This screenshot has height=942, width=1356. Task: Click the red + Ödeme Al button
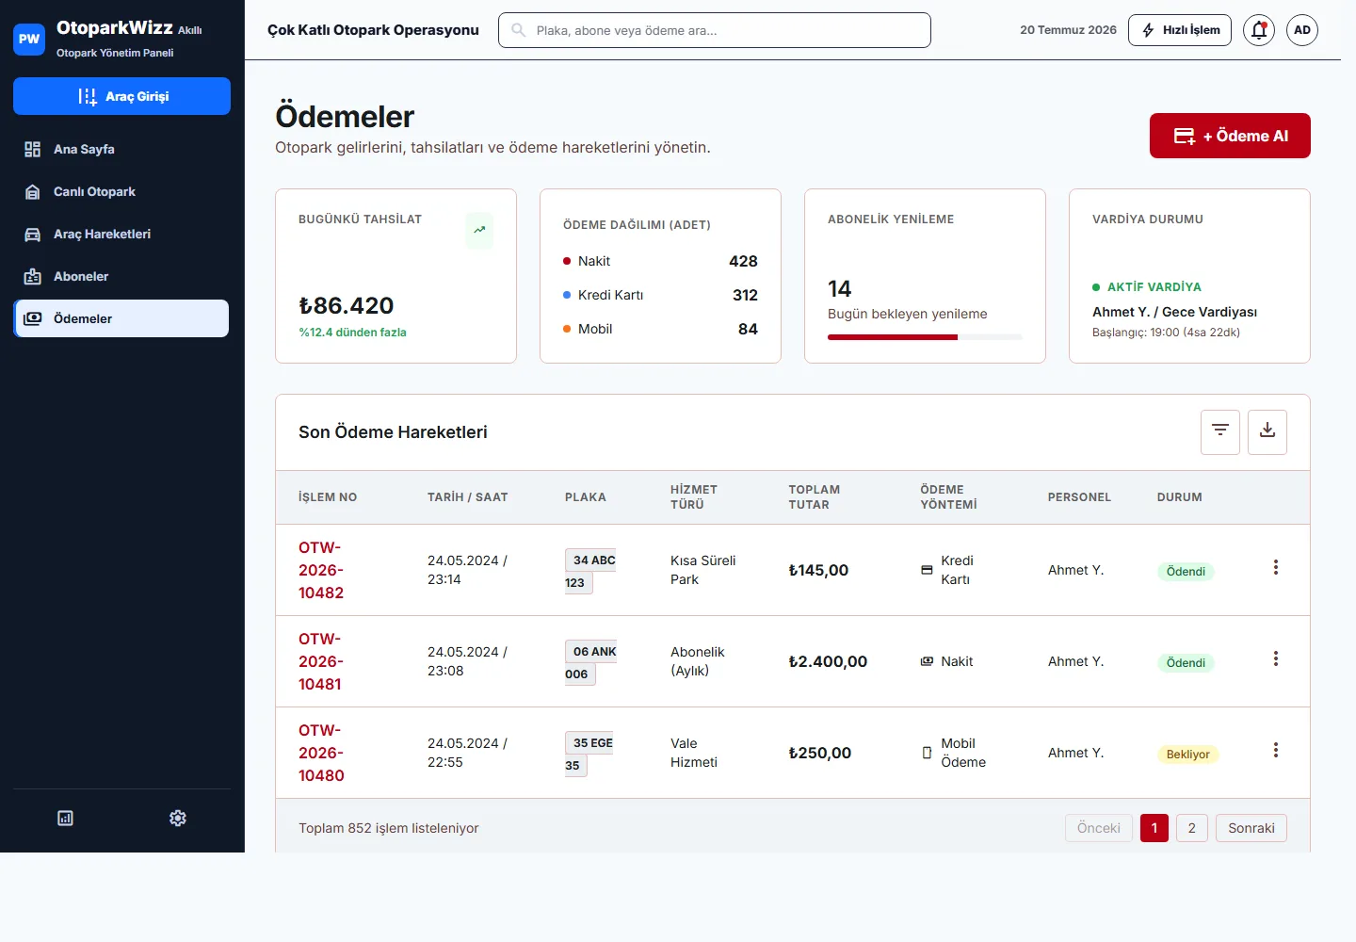coord(1230,136)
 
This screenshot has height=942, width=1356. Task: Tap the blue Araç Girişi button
coord(121,96)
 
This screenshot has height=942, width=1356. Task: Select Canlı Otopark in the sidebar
coord(94,191)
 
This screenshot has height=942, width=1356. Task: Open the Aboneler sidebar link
coord(81,276)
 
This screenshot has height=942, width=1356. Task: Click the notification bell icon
coord(1258,30)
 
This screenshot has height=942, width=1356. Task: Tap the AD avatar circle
coord(1302,30)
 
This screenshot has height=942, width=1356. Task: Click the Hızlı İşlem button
coord(1179,30)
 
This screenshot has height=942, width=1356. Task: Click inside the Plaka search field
coord(715,30)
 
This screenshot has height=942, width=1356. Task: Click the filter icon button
coord(1219,431)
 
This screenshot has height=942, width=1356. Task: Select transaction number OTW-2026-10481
coord(321,661)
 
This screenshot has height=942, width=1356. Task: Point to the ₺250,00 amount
coord(819,753)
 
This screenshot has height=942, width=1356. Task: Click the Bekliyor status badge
coord(1187,755)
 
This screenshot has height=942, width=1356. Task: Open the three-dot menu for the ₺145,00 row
coord(1275,567)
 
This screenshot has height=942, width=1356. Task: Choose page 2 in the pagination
coord(1191,828)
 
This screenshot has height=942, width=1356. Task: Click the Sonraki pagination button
coord(1251,828)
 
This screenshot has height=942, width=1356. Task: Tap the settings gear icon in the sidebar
coord(177,818)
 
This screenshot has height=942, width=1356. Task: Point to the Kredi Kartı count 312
coord(745,295)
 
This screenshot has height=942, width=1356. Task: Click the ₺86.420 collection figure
coord(346,306)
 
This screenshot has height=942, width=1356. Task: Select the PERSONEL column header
coord(1079,497)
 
